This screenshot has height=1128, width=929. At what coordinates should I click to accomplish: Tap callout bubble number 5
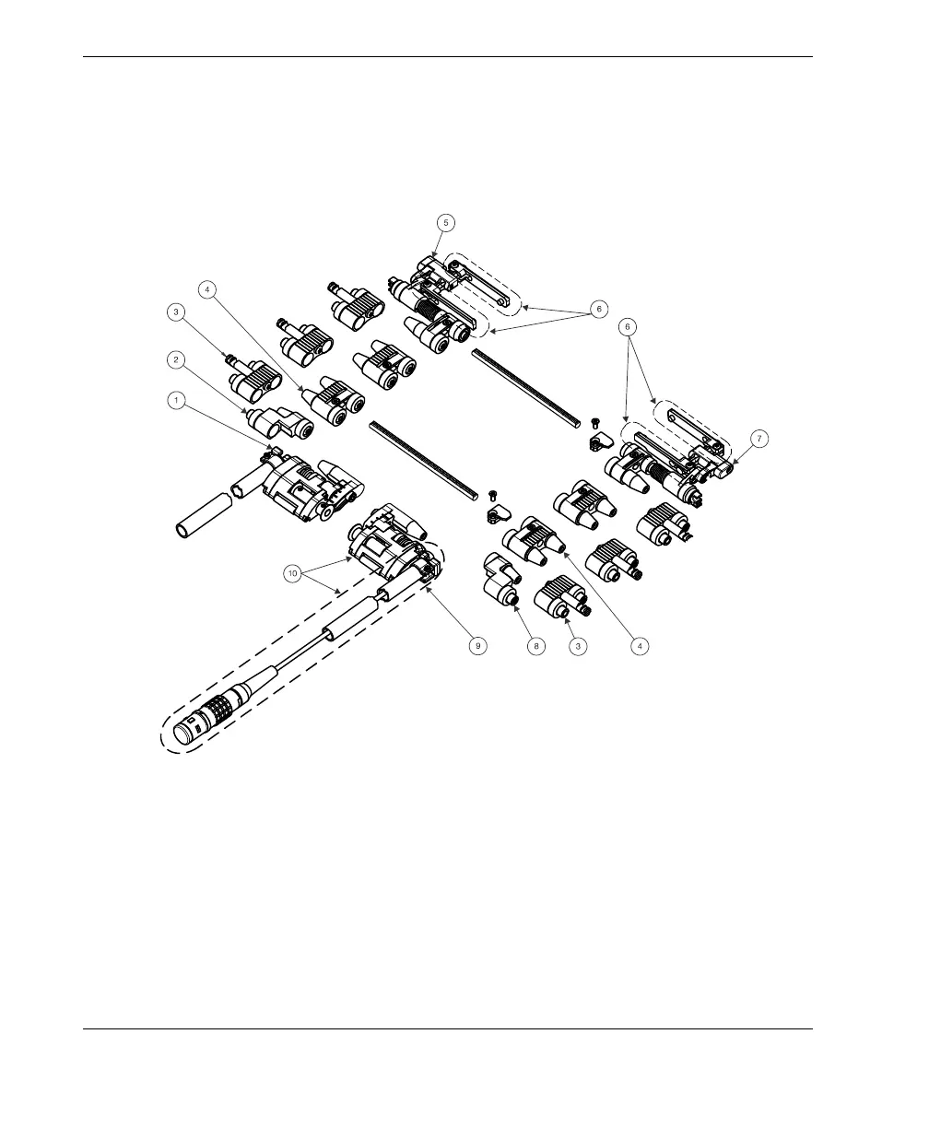446,222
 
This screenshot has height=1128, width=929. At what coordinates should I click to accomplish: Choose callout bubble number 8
535,646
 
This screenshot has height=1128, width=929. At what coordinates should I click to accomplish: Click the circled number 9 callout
477,646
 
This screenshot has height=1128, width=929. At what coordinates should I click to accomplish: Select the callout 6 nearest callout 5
598,310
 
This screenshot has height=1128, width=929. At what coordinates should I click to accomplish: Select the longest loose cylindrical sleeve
202,517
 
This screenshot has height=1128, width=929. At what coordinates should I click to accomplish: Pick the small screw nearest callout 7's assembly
595,422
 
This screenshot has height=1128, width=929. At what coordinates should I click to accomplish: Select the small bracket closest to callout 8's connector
498,512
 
